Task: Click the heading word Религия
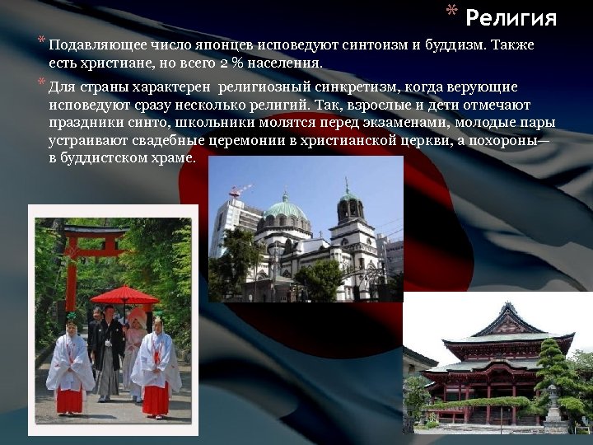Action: tap(511, 17)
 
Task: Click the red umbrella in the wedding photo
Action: tap(124, 295)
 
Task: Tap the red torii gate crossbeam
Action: tap(97, 232)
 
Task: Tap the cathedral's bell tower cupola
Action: tap(349, 198)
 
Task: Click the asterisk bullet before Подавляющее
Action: tap(40, 41)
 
